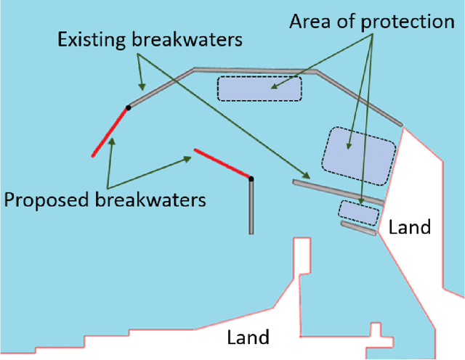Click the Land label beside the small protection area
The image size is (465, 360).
click(410, 227)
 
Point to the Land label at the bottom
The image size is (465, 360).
click(248, 337)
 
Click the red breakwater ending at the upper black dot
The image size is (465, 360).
click(110, 131)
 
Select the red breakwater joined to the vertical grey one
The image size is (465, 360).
click(222, 165)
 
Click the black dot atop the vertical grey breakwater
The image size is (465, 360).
click(251, 179)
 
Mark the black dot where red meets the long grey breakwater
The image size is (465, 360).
click(128, 107)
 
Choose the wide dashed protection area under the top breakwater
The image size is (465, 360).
click(259, 89)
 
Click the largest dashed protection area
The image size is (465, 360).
click(359, 154)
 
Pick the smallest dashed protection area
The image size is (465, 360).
click(359, 212)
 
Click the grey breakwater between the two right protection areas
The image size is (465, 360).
click(338, 191)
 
